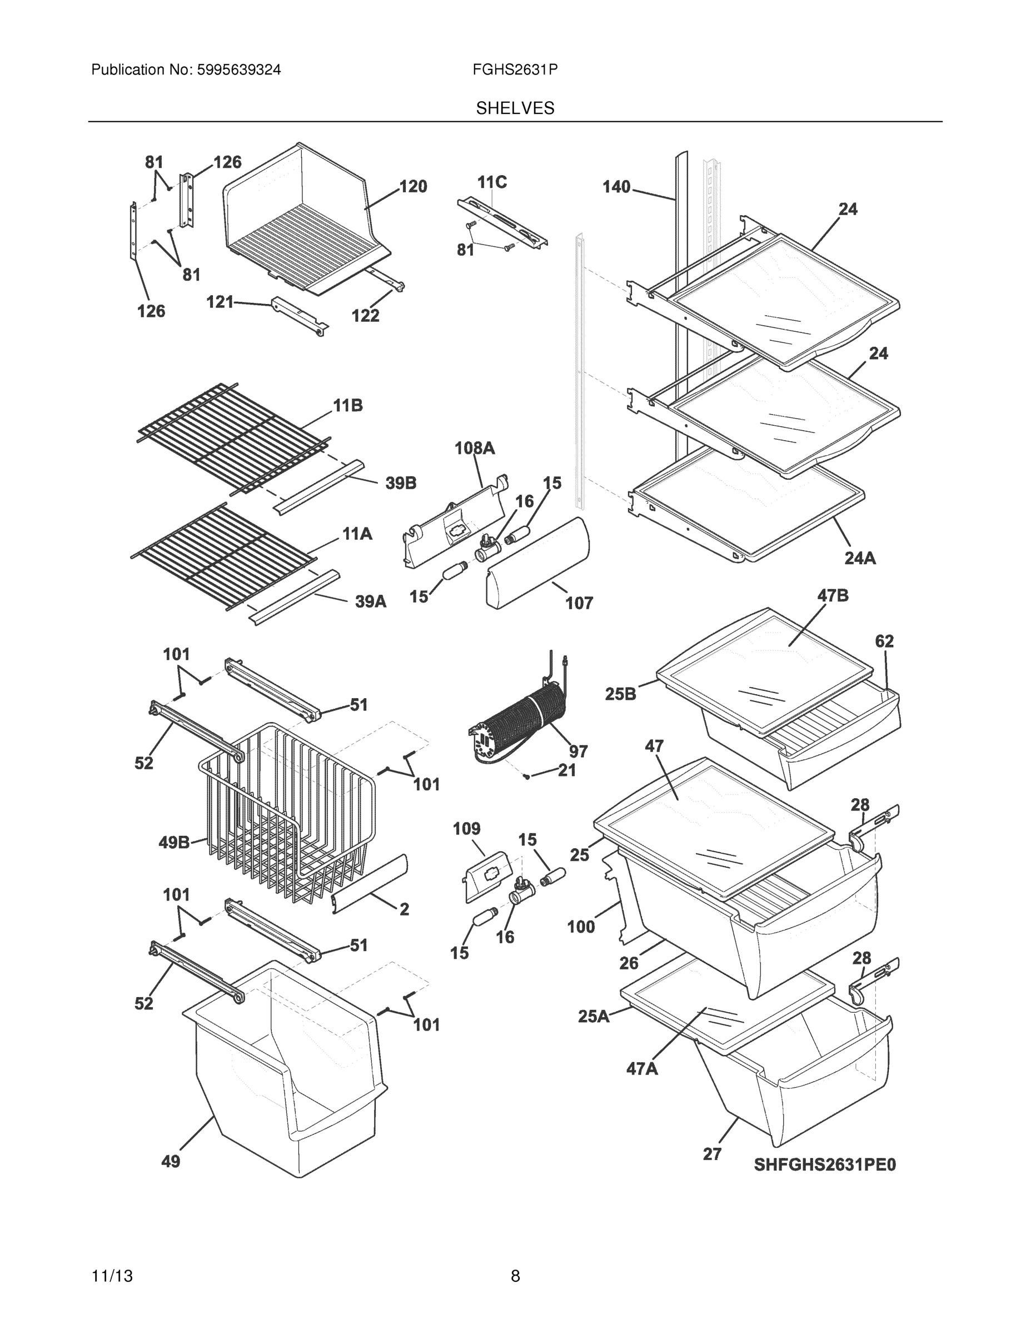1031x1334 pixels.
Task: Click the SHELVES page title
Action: click(515, 108)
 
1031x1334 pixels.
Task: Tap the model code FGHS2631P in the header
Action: click(515, 69)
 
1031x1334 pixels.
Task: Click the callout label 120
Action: click(413, 186)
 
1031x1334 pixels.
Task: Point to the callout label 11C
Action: click(492, 182)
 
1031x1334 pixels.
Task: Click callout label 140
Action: click(616, 186)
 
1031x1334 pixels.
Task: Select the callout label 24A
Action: click(860, 558)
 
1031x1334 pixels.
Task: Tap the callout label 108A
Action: click(475, 449)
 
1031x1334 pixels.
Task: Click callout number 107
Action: click(579, 603)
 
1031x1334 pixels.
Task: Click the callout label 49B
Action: click(174, 843)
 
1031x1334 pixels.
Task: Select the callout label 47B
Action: click(833, 595)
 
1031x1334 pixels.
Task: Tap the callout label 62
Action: click(884, 641)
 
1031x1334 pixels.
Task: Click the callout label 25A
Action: click(594, 1017)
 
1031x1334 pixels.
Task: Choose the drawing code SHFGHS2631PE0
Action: click(825, 1165)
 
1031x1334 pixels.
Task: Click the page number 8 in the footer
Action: click(515, 1276)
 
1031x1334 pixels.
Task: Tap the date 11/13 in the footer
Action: click(112, 1276)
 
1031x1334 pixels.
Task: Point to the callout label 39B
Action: click(401, 483)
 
